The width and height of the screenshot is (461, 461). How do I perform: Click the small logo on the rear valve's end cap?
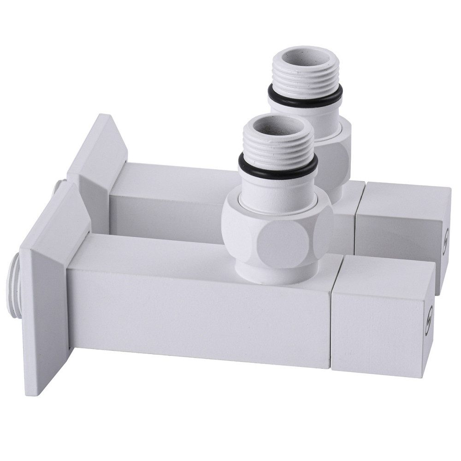pos(445,239)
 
